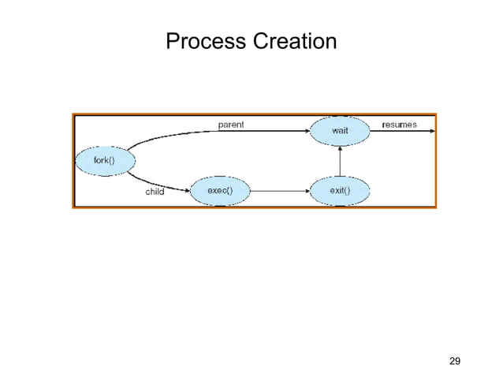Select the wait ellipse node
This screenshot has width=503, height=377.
[339, 131]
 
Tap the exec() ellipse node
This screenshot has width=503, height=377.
[219, 190]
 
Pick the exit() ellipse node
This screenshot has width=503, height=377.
[339, 190]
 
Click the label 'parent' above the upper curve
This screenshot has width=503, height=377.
[231, 124]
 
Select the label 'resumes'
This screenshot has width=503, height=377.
[400, 124]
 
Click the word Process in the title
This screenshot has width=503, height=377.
[204, 40]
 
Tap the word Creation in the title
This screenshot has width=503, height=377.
[292, 40]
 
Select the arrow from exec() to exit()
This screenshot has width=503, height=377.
[276, 190]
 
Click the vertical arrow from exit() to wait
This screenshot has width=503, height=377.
[339, 164]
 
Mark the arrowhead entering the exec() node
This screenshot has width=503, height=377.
[187, 190]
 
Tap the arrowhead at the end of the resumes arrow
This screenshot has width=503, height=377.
[430, 132]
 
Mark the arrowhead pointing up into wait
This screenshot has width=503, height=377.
[339, 151]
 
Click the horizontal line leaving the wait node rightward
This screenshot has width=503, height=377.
[398, 132]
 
